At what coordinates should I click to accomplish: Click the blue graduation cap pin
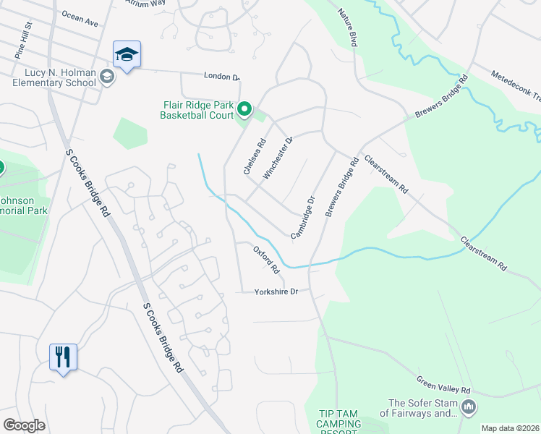pos(127,55)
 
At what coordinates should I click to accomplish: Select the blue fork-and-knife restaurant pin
pos(62,357)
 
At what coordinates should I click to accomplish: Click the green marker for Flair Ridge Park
pos(244,110)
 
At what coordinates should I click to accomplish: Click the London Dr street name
pos(221,77)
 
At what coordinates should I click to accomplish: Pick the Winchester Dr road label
pos(278,157)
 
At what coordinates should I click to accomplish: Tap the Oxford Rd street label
pos(266,260)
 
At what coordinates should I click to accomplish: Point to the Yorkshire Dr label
pos(276,292)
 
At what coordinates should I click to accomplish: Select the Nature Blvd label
pos(348,28)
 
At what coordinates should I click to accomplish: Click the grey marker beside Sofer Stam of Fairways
pos(469,409)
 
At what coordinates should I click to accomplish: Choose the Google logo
pos(24,425)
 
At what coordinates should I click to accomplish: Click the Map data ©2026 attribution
pos(510,428)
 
